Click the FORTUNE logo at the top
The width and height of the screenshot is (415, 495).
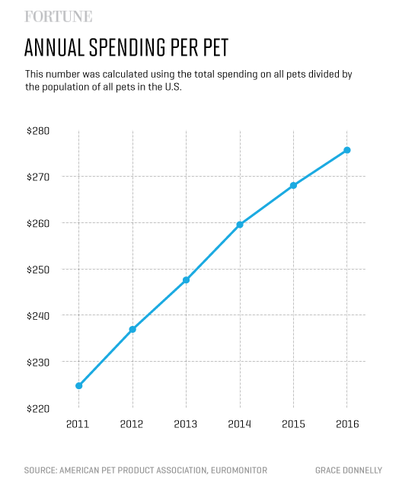(59, 16)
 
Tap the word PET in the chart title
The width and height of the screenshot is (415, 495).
(209, 48)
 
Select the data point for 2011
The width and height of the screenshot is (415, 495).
(79, 385)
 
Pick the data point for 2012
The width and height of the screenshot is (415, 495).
(132, 329)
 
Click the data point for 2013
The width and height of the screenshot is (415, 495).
(186, 280)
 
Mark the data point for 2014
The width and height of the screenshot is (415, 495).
(240, 225)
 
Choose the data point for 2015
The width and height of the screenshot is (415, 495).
(293, 185)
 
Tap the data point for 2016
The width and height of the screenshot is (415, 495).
(347, 150)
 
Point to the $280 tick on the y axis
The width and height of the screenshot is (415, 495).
(38, 131)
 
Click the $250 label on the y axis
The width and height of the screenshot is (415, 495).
(38, 270)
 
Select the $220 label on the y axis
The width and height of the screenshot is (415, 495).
(38, 408)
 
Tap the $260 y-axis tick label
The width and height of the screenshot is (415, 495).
(38, 223)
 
